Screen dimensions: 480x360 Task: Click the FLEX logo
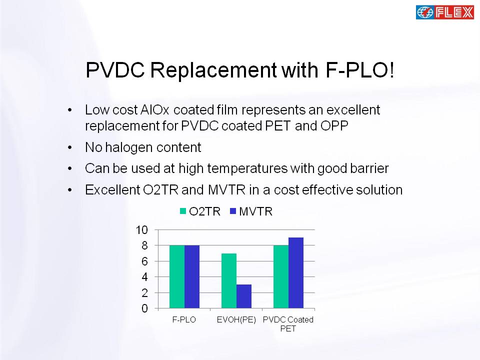445,12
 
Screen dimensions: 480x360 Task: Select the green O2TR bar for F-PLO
177,276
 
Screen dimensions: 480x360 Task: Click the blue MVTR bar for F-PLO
192,276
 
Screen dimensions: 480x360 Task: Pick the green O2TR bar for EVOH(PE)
229,280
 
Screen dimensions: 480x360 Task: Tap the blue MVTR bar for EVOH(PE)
244,296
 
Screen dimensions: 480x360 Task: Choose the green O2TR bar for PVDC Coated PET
281,276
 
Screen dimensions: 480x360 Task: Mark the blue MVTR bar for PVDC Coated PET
296,273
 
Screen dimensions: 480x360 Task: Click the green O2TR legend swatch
183,211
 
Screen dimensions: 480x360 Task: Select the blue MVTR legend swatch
233,211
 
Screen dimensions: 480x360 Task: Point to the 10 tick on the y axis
141,229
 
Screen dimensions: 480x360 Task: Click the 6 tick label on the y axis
144,261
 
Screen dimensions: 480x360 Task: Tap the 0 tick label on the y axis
144,308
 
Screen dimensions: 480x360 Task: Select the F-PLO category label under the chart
184,319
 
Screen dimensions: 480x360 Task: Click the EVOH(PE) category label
236,320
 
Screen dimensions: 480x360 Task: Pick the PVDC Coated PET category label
288,324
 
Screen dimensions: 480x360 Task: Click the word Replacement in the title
213,70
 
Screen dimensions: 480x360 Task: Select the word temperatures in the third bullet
247,168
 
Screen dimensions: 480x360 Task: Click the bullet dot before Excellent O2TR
70,190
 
